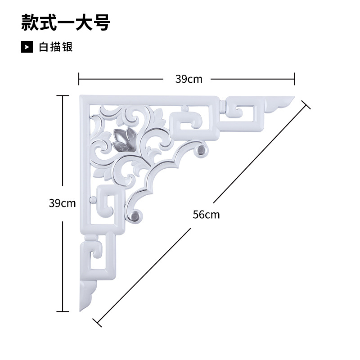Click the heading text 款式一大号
tap(66, 23)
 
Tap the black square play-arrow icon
tap(27, 47)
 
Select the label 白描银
tap(56, 47)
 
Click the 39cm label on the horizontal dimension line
tap(189, 79)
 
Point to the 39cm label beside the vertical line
tap(62, 203)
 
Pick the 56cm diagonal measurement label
tap(206, 215)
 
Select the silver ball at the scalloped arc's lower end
tap(135, 216)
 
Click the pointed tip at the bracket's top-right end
tap(294, 97)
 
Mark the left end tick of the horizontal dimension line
tap(79, 79)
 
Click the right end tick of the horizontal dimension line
tap(295, 79)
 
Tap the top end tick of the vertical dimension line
tap(63, 95)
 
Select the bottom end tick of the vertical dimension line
tap(63, 311)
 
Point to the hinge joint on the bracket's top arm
tap(222, 108)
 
